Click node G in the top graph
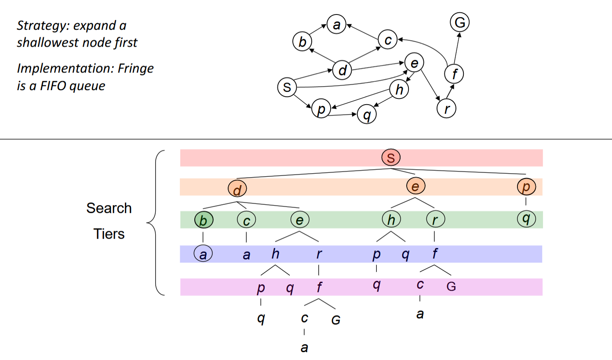pos(460,22)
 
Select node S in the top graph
pos(287,87)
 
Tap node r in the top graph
pos(447,108)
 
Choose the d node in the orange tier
pos(237,189)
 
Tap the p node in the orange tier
pos(526,187)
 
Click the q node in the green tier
pos(526,218)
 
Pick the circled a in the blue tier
pos(203,254)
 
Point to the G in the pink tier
pos(451,287)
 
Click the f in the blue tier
pos(434,254)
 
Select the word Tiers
pos(109,234)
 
